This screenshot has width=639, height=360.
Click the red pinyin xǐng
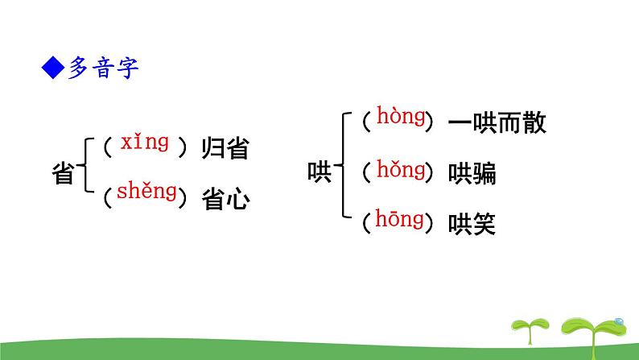point(145,143)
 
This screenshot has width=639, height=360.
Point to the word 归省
point(225,149)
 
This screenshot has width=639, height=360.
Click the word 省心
point(225,199)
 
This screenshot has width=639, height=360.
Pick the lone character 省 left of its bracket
point(63,173)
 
